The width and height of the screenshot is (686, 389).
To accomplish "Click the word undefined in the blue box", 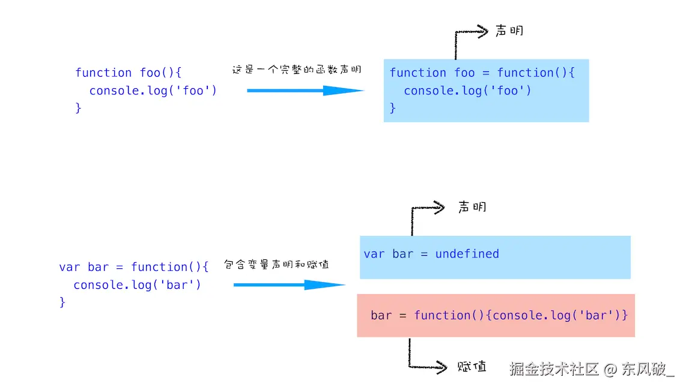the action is pyautogui.click(x=467, y=254).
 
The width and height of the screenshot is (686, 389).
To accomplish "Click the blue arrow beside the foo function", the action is pyautogui.click(x=305, y=91).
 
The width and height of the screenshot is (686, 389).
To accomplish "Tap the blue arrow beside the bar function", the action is pyautogui.click(x=289, y=285).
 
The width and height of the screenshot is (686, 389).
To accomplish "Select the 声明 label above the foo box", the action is pyautogui.click(x=509, y=31).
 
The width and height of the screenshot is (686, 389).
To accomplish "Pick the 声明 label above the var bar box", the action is pyautogui.click(x=472, y=207).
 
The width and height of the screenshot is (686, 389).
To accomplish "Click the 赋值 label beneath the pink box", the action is pyautogui.click(x=472, y=366).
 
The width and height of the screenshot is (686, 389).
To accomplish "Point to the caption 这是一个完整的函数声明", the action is pyautogui.click(x=297, y=70).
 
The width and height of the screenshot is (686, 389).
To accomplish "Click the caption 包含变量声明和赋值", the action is pyautogui.click(x=276, y=264).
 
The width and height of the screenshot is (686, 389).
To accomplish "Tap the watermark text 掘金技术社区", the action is pyautogui.click(x=554, y=369).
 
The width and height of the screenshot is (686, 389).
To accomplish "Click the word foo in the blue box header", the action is pyautogui.click(x=464, y=73).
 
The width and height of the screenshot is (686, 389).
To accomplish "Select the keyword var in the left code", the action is pyautogui.click(x=70, y=267).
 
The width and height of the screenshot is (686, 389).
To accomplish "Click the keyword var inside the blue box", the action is pyautogui.click(x=374, y=254).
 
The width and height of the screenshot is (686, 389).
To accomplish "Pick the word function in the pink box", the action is pyautogui.click(x=442, y=315).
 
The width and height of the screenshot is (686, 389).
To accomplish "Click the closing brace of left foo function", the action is pyautogui.click(x=78, y=108).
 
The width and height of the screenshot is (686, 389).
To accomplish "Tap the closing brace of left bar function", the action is pyautogui.click(x=62, y=302).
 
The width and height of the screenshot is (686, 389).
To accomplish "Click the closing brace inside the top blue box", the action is pyautogui.click(x=392, y=108).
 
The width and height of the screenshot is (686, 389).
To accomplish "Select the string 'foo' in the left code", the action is pyautogui.click(x=193, y=91).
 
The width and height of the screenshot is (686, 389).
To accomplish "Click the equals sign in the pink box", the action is pyautogui.click(x=402, y=316).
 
